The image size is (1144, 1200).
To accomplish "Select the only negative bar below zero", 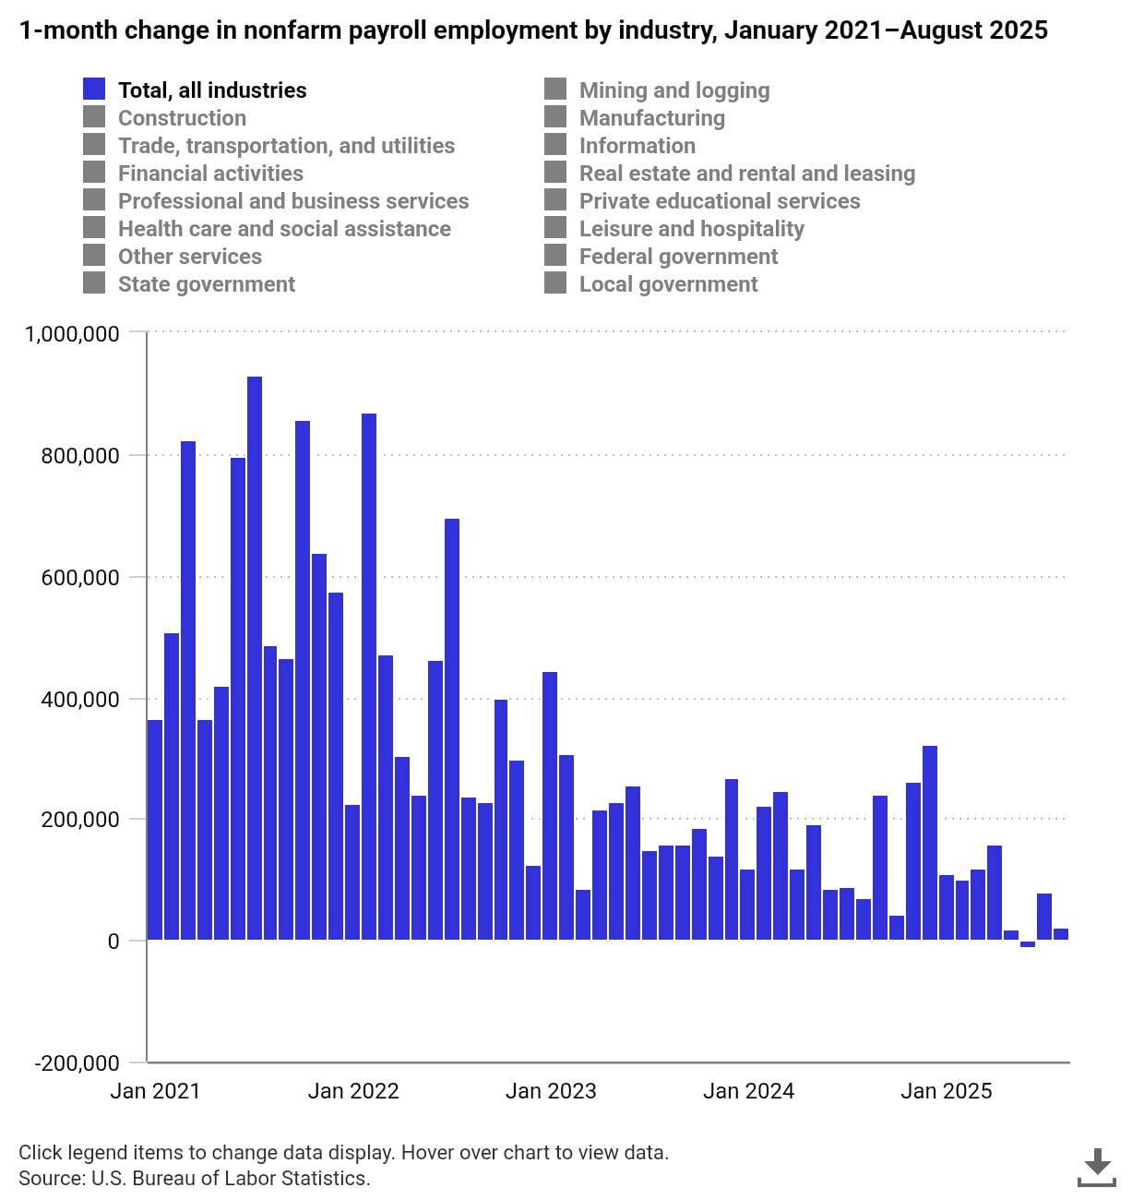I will point(1027,943).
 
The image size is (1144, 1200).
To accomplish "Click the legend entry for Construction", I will point(182,118).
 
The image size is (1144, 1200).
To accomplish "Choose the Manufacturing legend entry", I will point(651,118).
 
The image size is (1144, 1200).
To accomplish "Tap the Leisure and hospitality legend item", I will point(691,229).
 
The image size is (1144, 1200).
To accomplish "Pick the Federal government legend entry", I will point(678,257).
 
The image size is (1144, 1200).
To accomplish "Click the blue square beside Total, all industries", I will point(94,90).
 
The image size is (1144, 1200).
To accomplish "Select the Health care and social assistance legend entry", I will point(284,229).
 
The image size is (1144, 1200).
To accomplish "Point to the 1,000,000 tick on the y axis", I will point(72,333).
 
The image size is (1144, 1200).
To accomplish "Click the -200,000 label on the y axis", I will point(77,1062).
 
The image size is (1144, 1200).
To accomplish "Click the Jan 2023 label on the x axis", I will point(551,1091).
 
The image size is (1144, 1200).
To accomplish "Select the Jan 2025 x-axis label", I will point(946,1091).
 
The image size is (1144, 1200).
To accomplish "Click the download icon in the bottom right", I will point(1096,1167).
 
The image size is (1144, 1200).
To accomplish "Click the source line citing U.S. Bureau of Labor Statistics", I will point(194,1179).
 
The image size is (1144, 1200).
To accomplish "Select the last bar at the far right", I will point(1060,934).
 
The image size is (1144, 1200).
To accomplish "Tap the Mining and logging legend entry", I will point(673,90).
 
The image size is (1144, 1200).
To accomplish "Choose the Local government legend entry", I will point(668,284).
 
